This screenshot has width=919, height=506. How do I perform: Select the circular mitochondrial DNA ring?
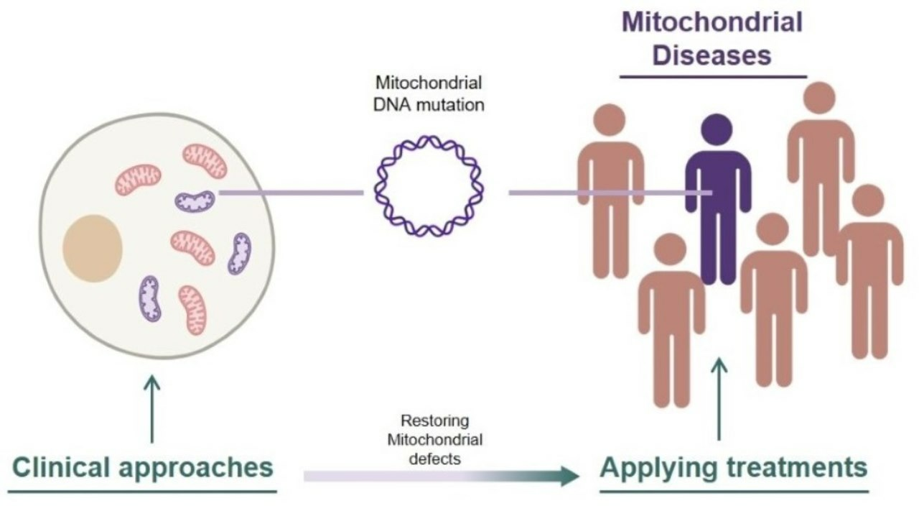(x=429, y=186)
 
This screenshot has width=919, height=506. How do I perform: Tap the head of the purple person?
(x=718, y=129)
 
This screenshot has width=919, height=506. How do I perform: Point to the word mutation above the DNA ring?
(x=449, y=104)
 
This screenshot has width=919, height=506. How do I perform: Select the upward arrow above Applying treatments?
(x=719, y=399)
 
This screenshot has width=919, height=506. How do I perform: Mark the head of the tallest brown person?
(x=821, y=98)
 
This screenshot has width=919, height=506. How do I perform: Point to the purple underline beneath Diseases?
(x=713, y=76)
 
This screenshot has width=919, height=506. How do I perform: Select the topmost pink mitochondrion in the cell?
(x=205, y=160)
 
